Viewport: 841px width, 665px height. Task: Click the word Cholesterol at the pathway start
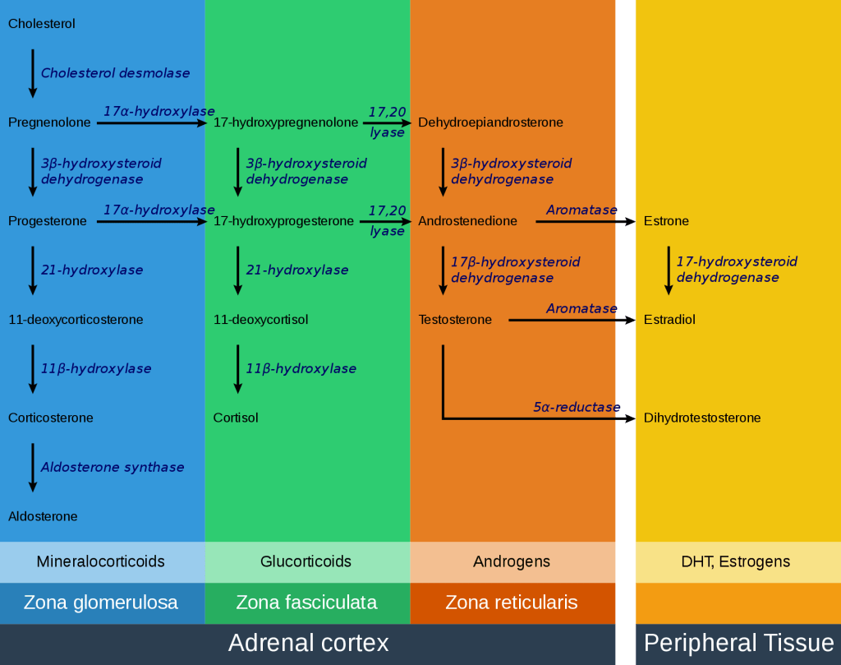click(x=42, y=24)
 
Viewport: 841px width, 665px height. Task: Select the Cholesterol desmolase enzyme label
click(x=115, y=73)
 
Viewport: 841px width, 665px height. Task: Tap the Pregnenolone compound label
click(x=49, y=122)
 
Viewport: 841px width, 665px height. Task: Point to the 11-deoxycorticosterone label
click(x=76, y=320)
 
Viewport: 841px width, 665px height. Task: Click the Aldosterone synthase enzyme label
click(x=113, y=468)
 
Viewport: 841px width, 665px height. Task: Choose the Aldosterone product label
click(x=43, y=516)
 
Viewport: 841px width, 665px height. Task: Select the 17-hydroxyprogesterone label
click(x=283, y=221)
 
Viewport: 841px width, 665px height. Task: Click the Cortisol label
click(x=236, y=418)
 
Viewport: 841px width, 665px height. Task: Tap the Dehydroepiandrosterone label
click(x=490, y=122)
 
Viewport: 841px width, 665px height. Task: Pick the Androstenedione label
click(x=467, y=221)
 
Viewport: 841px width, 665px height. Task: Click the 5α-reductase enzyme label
click(x=577, y=407)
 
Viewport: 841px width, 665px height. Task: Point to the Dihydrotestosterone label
click(x=702, y=418)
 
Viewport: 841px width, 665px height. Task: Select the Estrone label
click(x=666, y=221)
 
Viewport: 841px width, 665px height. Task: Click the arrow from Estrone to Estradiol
click(x=669, y=270)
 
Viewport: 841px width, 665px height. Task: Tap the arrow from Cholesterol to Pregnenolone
click(x=33, y=73)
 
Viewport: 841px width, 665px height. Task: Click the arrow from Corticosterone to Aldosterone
click(x=33, y=467)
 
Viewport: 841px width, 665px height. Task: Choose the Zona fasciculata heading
click(x=306, y=603)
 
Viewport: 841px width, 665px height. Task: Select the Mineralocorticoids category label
click(x=100, y=562)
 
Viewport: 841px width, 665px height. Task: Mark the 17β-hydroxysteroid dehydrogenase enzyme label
click(x=515, y=270)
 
